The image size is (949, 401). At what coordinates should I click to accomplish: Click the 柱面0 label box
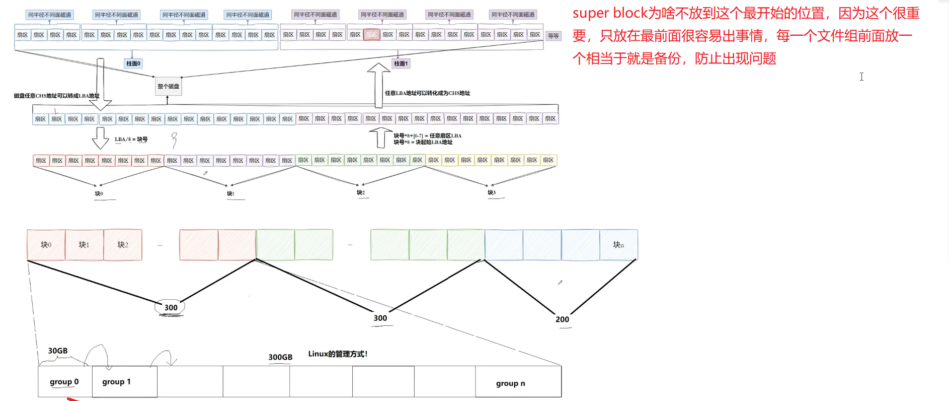(133, 63)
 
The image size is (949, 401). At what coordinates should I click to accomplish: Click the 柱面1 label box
(401, 63)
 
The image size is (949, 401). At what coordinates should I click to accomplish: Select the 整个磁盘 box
(168, 87)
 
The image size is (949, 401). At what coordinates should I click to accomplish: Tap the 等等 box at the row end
(553, 36)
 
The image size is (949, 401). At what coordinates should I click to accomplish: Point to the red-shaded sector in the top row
(371, 35)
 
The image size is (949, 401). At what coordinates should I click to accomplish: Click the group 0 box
(65, 382)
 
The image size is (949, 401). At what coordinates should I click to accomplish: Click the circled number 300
(171, 307)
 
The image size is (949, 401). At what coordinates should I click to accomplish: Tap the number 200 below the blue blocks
(562, 319)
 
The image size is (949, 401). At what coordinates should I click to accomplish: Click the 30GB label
(58, 351)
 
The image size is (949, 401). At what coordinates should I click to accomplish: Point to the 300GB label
(280, 357)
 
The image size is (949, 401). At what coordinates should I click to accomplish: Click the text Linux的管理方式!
(338, 354)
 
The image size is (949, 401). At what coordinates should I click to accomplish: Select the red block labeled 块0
(46, 245)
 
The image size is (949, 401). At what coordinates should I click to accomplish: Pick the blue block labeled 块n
(618, 245)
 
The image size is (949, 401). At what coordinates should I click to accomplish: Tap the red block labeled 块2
(123, 245)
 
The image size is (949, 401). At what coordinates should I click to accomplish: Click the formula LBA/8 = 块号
(131, 140)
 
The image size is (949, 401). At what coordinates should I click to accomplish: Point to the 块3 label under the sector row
(492, 192)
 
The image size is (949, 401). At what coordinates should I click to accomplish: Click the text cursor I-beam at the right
(861, 77)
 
